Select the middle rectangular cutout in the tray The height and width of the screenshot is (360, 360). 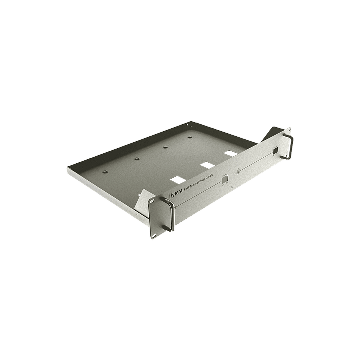[205, 164]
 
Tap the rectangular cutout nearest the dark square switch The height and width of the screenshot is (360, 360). [230, 152]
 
